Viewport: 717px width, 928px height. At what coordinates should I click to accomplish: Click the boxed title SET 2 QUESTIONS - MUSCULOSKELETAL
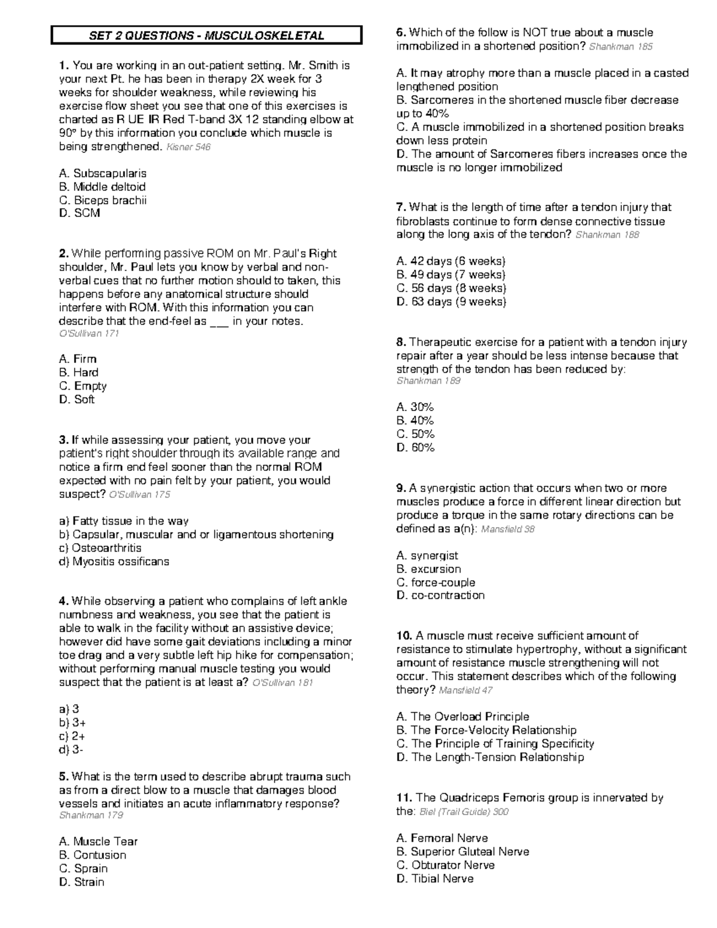point(206,36)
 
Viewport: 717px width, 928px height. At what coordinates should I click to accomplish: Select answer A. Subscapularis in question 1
point(103,173)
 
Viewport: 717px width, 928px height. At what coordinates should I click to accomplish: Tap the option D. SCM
point(79,213)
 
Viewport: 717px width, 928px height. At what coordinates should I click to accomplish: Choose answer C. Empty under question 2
point(82,386)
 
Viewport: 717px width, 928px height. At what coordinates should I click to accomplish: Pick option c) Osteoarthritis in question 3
point(100,548)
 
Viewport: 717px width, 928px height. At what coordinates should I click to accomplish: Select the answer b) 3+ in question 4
point(72,723)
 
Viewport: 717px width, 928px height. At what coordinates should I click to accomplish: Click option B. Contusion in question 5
point(93,855)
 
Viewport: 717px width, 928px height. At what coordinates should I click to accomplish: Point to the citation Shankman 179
point(91,816)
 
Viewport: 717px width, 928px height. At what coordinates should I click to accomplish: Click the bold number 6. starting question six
point(401,33)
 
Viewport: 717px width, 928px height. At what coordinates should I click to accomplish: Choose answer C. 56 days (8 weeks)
point(451,288)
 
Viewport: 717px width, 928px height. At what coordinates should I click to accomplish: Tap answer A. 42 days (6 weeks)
point(451,261)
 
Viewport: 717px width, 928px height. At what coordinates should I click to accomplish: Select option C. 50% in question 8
point(415,434)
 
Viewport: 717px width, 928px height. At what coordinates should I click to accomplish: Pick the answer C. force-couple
point(436,583)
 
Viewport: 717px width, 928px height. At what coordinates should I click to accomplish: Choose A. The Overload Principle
point(462,716)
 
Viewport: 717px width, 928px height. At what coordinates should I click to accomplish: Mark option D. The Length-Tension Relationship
point(490,757)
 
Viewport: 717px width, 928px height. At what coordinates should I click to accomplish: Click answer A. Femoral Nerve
point(442,838)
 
